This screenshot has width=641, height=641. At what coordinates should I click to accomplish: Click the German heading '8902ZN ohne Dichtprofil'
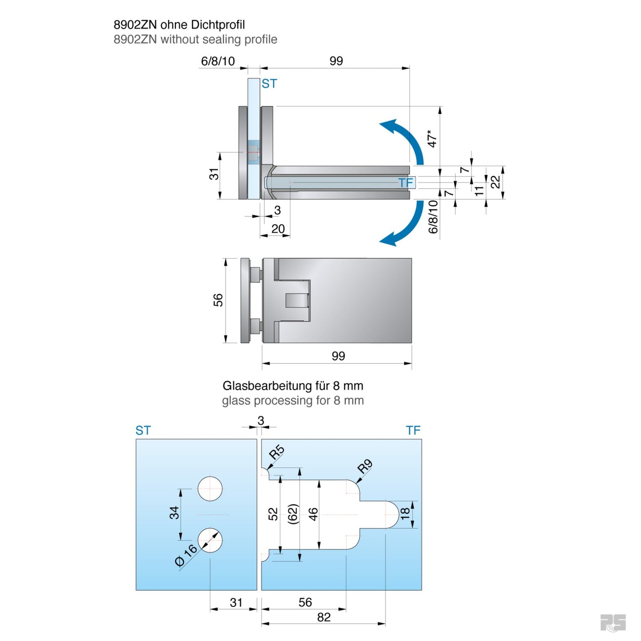[x=179, y=25]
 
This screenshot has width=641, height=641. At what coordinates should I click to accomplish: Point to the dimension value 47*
[x=432, y=138]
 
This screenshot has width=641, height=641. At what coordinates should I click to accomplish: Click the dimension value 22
[x=495, y=182]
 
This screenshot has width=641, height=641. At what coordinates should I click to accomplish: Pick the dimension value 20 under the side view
[x=278, y=229]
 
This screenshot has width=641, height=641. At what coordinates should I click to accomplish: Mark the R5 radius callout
[x=276, y=452]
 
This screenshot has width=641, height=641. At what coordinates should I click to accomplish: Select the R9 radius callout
[x=365, y=467]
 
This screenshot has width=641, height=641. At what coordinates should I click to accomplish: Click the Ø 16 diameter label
[x=186, y=555]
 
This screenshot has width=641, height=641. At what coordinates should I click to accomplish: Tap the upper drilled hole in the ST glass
[x=210, y=489]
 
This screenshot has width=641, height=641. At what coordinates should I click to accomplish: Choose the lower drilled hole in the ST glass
[x=210, y=540]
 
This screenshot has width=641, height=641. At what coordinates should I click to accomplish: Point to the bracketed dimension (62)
[x=293, y=514]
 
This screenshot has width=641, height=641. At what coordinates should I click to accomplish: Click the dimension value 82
[x=323, y=617]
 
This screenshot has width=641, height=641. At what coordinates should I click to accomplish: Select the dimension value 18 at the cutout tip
[x=405, y=514]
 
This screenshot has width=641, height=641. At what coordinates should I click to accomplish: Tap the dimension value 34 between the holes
[x=174, y=513]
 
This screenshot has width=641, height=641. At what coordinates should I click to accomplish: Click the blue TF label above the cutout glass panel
[x=413, y=430]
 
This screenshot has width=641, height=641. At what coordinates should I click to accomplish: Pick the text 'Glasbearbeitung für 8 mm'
[x=293, y=385]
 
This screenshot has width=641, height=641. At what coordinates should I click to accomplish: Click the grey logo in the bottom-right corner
[x=613, y=622]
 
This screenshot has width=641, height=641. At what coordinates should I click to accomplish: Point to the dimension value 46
[x=313, y=514]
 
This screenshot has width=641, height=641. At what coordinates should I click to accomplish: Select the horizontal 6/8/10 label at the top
[x=218, y=61]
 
